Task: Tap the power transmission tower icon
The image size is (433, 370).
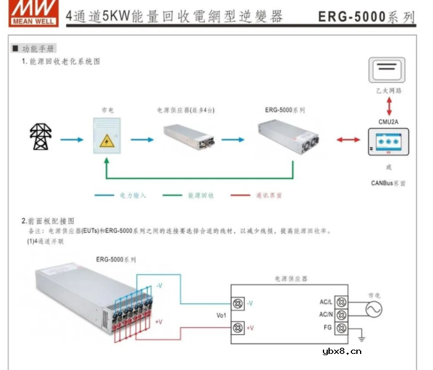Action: pyautogui.click(x=41, y=137)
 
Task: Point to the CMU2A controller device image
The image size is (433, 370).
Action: pyautogui.click(x=388, y=143)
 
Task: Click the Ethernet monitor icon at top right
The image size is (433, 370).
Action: pyautogui.click(x=387, y=70)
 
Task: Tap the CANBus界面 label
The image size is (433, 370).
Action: pyautogui.click(x=388, y=183)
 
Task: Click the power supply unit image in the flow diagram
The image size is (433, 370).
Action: pyautogui.click(x=189, y=137)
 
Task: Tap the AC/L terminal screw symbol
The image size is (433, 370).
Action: pyautogui.click(x=340, y=302)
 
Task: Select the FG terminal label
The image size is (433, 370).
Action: pyautogui.click(x=327, y=327)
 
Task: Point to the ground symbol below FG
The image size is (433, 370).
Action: pyautogui.click(x=362, y=338)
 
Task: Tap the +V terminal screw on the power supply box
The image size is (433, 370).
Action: pyautogui.click(x=238, y=327)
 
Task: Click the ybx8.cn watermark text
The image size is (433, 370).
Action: pyautogui.click(x=341, y=352)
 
